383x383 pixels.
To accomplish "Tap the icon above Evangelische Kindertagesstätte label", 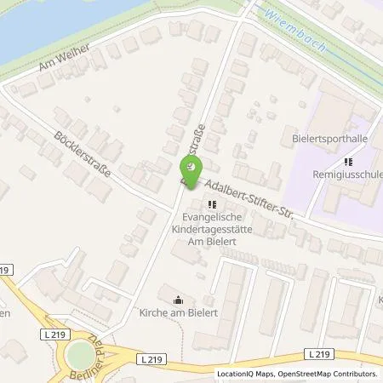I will [x=212, y=204].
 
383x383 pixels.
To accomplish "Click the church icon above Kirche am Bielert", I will [x=178, y=300].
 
